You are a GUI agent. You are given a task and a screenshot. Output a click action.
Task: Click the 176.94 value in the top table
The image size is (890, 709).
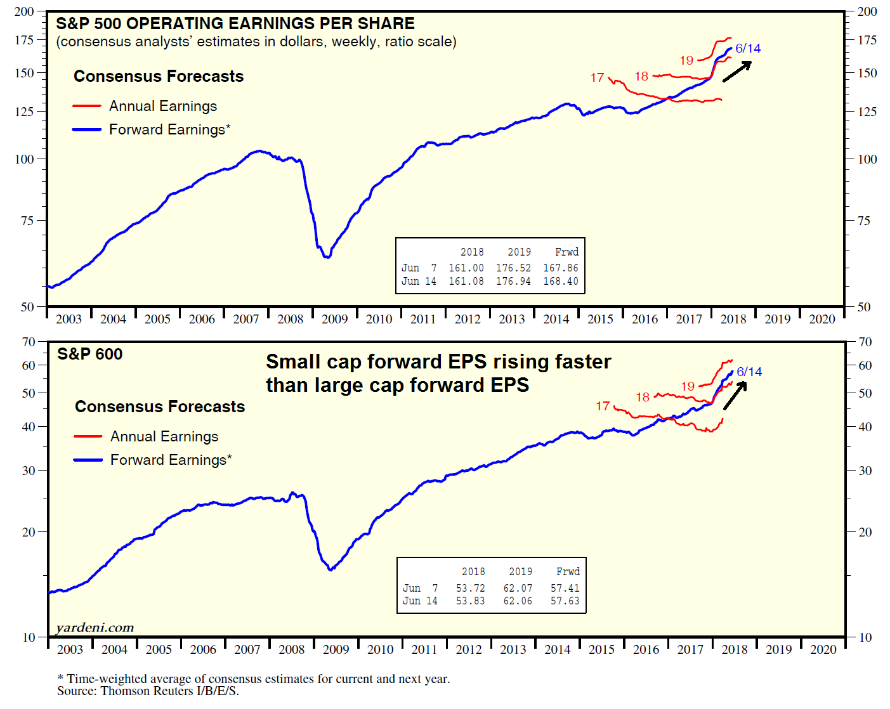click(513, 282)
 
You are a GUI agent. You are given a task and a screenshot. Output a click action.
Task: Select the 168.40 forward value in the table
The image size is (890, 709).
click(560, 282)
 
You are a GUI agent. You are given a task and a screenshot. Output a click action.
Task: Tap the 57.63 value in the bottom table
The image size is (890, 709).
click(565, 601)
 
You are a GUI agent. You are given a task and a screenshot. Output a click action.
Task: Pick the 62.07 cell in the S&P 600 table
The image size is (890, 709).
click(518, 589)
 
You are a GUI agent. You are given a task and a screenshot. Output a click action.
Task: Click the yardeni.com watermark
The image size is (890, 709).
click(95, 628)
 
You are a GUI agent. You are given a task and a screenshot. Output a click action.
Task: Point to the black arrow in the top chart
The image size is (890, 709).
click(737, 71)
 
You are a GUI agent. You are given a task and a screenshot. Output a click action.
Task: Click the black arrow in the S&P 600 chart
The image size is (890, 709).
click(735, 396)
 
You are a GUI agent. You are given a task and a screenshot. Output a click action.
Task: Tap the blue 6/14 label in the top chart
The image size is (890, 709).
click(748, 49)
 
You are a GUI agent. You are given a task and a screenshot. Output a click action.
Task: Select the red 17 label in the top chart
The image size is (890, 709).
click(597, 77)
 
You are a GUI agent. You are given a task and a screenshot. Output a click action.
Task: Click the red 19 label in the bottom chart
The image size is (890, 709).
click(688, 386)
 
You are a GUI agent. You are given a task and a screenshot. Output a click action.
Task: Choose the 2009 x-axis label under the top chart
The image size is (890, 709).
click(334, 320)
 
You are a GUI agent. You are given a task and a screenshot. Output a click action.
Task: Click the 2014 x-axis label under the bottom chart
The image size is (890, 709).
click(557, 650)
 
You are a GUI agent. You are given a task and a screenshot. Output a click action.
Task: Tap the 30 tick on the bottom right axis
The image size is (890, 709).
click(865, 471)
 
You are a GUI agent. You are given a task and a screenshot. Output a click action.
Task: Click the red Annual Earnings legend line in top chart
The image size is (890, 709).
click(87, 107)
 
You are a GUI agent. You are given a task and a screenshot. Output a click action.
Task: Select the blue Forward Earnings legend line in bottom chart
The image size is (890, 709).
click(88, 460)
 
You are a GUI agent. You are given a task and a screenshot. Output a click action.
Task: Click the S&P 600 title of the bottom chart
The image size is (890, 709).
click(89, 354)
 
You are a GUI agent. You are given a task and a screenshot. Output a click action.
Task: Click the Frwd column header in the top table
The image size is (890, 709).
click(566, 252)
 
